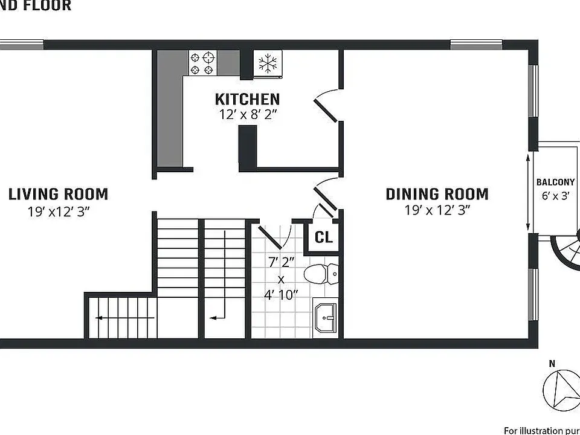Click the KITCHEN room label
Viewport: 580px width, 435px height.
[247, 99]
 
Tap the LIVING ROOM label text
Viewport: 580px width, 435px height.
[58, 195]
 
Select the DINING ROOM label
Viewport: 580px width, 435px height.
[437, 195]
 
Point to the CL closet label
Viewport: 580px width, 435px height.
[324, 237]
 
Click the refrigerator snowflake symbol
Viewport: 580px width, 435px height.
[266, 63]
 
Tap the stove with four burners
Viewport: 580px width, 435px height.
[204, 63]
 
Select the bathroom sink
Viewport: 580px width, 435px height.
[326, 316]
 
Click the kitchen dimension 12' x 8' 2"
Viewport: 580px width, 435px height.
[247, 114]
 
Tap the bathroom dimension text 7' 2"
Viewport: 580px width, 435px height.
[281, 262]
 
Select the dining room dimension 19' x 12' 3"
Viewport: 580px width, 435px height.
[437, 210]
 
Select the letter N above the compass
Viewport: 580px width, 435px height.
[552, 363]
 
